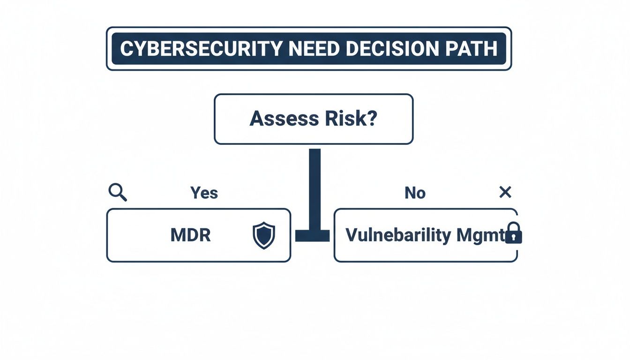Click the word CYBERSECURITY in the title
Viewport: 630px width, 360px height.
click(201, 49)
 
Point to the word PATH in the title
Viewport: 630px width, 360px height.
click(474, 49)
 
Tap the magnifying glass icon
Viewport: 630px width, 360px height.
click(117, 192)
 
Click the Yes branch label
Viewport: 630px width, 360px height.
click(204, 193)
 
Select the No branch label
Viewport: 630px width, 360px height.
click(415, 193)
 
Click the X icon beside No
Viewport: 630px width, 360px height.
click(505, 192)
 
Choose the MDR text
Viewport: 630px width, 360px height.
click(190, 235)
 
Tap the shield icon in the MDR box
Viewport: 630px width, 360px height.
click(264, 235)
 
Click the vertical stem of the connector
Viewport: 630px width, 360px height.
click(315, 187)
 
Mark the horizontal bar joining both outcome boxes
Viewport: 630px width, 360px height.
click(313, 236)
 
